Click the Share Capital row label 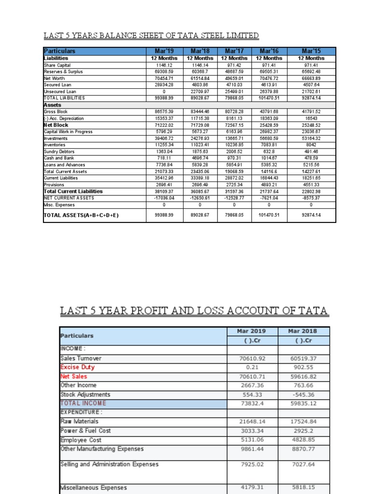point(57,65)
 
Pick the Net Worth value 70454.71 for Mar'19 point(164,78)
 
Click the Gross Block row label point(56,111)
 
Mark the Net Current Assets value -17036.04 point(164,198)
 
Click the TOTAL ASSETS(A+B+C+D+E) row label point(81,216)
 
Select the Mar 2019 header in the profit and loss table point(251,331)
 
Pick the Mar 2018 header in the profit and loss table point(303,331)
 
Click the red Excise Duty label point(77,367)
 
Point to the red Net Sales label point(74,376)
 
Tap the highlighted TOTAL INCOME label point(83,403)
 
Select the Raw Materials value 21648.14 point(251,422)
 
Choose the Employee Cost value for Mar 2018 point(303,440)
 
